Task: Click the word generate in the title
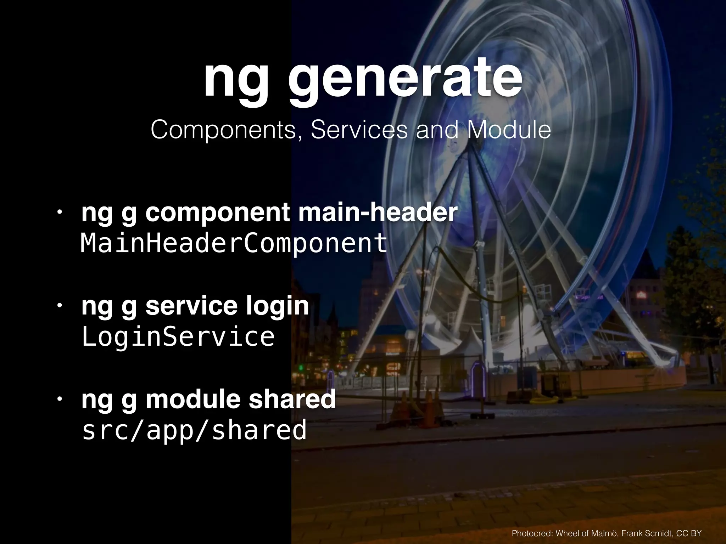tap(405, 80)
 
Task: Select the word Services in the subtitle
tap(359, 130)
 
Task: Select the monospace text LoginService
tap(178, 336)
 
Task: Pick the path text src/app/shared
tap(194, 430)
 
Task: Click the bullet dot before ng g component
tap(60, 212)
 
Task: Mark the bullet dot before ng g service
tap(60, 305)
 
